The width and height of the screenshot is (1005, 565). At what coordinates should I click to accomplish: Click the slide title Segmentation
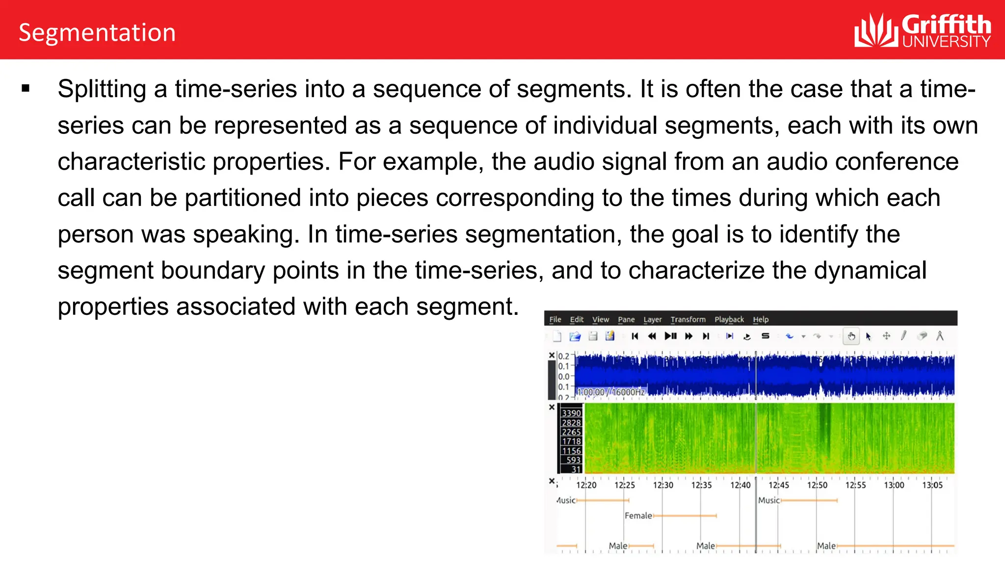click(x=97, y=33)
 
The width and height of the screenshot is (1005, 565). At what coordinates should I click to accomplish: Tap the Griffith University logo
click(x=922, y=30)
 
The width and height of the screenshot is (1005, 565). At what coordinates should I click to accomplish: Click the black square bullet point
click(x=26, y=89)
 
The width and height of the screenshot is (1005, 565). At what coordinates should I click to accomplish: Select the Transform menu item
click(x=688, y=319)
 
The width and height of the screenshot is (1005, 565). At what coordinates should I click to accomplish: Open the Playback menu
click(x=729, y=319)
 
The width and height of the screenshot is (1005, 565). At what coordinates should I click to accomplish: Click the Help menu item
click(x=761, y=319)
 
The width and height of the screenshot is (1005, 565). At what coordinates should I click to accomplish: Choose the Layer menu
click(x=652, y=319)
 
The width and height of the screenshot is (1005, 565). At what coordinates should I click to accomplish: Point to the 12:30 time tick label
click(x=663, y=485)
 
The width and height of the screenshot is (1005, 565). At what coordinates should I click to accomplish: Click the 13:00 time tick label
click(x=894, y=485)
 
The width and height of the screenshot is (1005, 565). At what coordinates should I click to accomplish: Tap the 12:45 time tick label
click(x=779, y=485)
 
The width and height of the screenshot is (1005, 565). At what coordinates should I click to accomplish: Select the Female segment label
click(x=638, y=515)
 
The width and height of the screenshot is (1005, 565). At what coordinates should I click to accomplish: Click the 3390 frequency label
click(x=572, y=413)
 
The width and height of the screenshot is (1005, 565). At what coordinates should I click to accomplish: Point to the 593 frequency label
click(x=573, y=460)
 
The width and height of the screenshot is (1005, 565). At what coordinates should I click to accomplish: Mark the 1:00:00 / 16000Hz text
click(x=611, y=392)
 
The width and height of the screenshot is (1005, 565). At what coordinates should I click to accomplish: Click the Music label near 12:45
click(x=768, y=500)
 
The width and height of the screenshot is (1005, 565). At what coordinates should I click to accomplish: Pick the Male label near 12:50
click(x=826, y=546)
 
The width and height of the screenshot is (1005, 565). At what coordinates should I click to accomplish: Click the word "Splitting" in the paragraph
click(x=102, y=89)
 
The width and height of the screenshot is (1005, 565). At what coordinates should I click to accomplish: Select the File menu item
click(x=555, y=319)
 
